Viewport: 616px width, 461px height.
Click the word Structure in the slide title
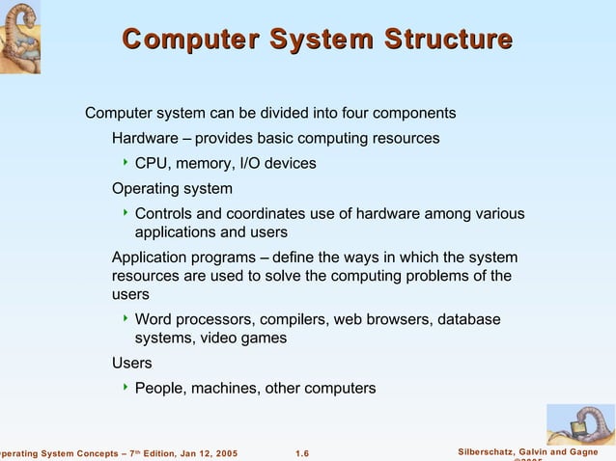[x=448, y=40]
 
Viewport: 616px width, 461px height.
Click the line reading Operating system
[x=172, y=188]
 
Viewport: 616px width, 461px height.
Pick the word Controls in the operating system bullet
[x=163, y=213]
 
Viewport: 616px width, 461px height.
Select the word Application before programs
[x=152, y=258]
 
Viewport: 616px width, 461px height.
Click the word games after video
[x=265, y=338]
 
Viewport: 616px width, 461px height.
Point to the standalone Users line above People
[x=131, y=363]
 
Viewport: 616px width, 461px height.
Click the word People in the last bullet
[x=159, y=388]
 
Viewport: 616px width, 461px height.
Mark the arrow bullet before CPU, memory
[x=125, y=163]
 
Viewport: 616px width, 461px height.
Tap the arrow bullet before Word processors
[x=125, y=317]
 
